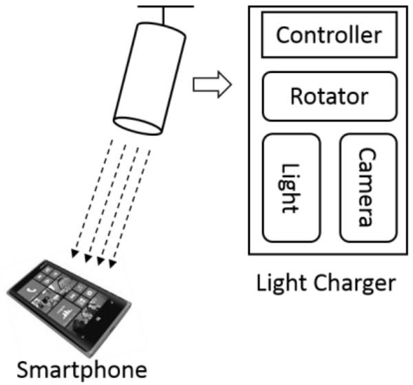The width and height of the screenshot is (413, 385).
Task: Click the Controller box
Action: point(330,36)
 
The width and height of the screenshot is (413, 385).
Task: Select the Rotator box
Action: point(330,96)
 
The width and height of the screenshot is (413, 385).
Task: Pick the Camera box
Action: point(368,187)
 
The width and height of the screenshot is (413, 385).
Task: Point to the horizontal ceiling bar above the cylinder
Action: point(165,6)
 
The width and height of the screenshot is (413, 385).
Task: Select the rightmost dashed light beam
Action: point(129,206)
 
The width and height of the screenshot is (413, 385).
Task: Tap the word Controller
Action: point(330,36)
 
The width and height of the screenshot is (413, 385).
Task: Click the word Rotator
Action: point(330,96)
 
